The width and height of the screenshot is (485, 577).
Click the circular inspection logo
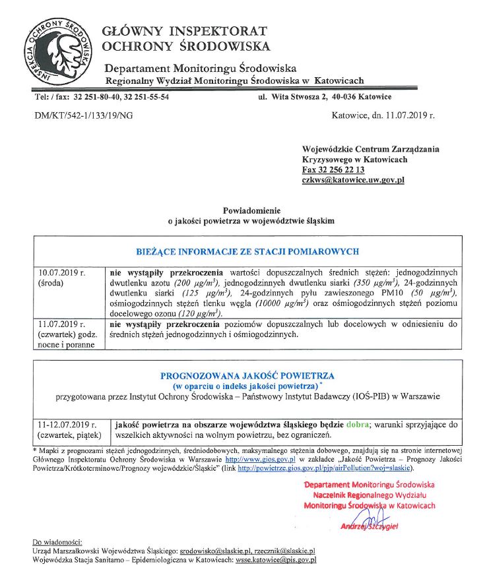(57, 49)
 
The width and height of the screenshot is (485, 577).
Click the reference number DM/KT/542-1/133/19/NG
(83, 115)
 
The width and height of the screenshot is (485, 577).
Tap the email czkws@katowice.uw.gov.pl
(353, 179)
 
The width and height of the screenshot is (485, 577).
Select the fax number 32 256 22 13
(333, 169)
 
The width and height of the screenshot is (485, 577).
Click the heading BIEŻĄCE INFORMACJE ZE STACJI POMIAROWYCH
(247, 251)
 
